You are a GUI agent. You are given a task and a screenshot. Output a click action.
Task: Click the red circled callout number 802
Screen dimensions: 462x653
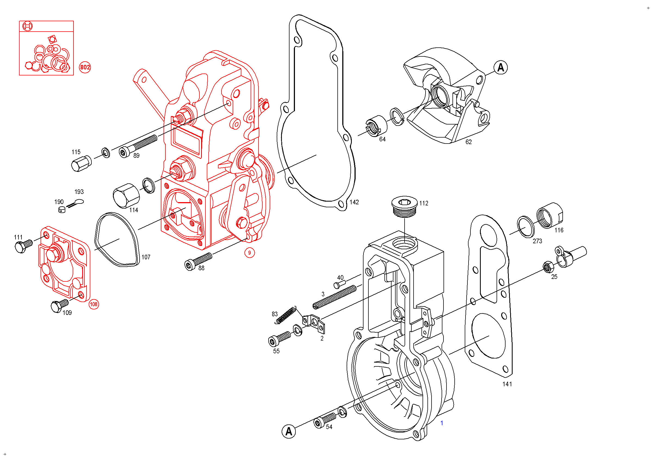pos(85,67)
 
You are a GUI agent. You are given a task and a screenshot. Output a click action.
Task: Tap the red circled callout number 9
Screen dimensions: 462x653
pos(250,253)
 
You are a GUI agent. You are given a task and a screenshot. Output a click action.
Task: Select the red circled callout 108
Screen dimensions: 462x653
pos(94,304)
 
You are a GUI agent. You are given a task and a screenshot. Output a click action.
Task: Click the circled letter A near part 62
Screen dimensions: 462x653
pos(501,68)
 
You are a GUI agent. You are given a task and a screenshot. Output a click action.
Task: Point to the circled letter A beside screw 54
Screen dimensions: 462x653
pos(289,431)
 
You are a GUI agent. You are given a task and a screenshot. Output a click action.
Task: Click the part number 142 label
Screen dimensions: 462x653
pos(354,202)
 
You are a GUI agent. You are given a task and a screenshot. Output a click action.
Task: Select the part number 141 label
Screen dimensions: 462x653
pos(507,384)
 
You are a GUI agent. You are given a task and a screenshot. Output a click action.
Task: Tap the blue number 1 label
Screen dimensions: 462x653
pos(442,423)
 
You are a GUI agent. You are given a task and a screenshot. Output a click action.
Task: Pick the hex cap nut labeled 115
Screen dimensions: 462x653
pos(81,164)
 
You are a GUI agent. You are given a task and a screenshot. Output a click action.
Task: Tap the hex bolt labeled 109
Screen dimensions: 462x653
pos(59,306)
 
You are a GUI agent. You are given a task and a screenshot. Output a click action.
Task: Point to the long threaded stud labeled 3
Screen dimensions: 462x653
pos(334,297)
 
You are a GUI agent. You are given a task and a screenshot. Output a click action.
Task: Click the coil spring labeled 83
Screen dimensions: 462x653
pos(286,315)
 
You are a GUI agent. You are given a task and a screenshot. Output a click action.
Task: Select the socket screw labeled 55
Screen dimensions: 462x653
pos(279,339)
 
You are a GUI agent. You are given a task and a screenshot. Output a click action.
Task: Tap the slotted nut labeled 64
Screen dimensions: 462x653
pos(376,126)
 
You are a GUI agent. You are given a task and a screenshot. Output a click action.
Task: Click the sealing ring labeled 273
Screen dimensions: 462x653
pos(526,227)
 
